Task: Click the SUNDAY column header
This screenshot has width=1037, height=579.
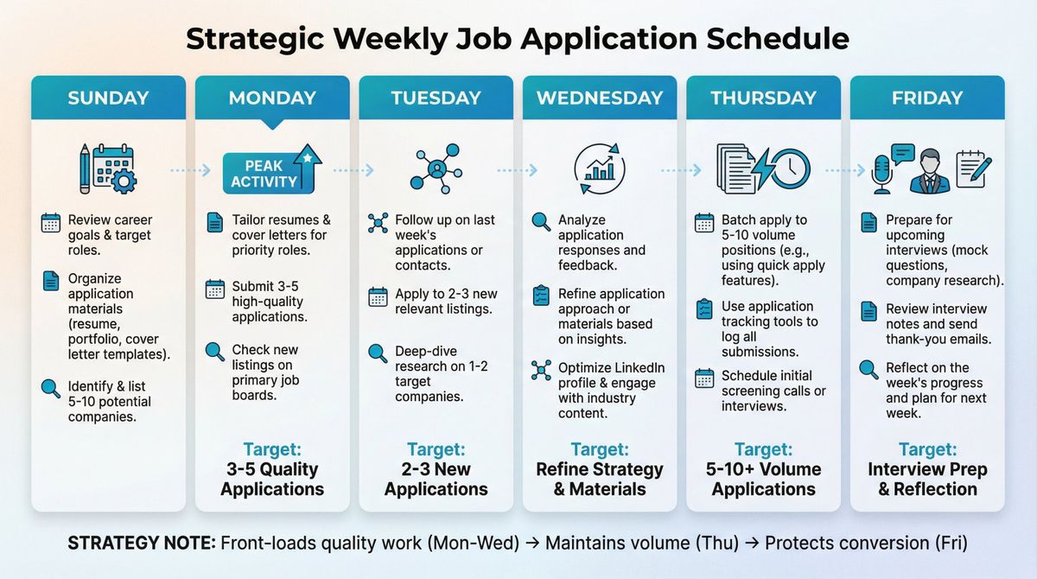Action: (108, 98)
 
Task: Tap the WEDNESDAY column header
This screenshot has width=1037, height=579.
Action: (600, 98)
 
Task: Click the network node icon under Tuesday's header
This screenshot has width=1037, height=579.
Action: (436, 169)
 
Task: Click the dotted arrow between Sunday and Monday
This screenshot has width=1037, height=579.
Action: (190, 170)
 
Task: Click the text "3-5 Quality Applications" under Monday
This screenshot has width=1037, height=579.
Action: (271, 479)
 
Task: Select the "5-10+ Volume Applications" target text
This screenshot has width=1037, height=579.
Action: (763, 479)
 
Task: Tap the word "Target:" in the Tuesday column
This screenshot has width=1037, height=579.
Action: (436, 449)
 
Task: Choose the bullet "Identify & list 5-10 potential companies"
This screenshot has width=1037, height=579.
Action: (109, 402)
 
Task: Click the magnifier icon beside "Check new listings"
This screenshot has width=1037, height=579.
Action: (215, 352)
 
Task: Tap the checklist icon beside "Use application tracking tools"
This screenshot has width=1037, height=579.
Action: (704, 309)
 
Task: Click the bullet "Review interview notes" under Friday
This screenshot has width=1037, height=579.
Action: (935, 323)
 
